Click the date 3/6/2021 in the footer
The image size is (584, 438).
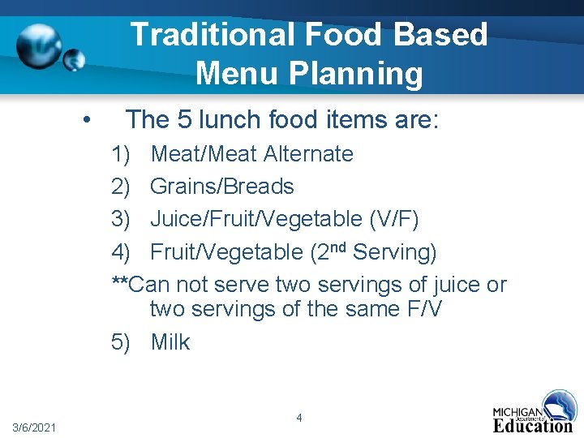click(34, 427)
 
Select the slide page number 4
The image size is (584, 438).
click(299, 418)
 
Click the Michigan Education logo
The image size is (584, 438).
click(535, 413)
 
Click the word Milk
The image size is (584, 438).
click(170, 342)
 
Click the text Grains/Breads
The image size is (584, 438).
click(222, 187)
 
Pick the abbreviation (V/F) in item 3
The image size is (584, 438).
click(394, 219)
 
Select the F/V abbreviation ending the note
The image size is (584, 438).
click(423, 309)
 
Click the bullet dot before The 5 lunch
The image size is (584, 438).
click(87, 119)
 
